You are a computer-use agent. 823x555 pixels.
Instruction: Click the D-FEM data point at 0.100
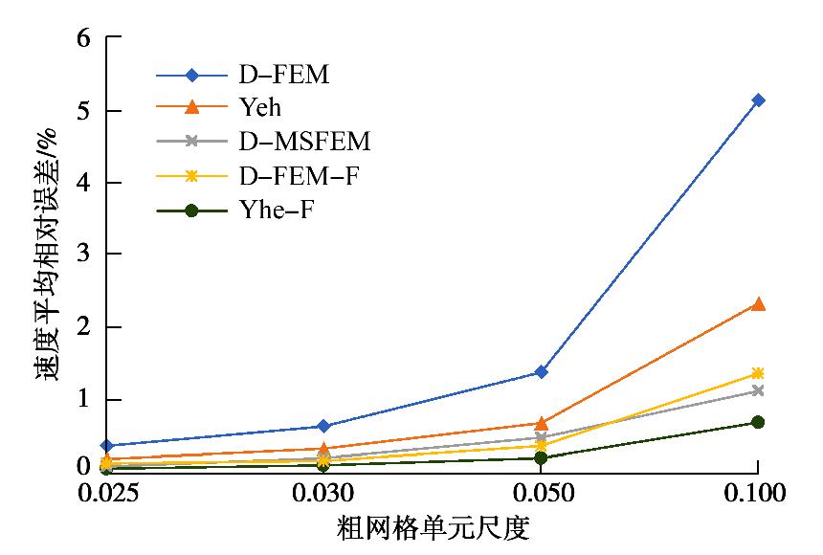click(758, 100)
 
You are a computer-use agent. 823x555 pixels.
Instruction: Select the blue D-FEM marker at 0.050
click(541, 371)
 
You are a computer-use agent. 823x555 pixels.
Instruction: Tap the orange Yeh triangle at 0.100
click(758, 304)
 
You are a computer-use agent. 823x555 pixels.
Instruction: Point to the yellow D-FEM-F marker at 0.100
click(758, 373)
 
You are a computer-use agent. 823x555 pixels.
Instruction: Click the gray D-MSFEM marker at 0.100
click(758, 390)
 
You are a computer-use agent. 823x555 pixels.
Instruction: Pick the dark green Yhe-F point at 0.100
click(758, 422)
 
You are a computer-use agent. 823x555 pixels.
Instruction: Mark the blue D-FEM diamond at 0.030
click(323, 426)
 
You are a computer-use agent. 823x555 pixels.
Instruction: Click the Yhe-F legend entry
click(273, 211)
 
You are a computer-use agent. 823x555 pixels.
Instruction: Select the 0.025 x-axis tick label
click(107, 494)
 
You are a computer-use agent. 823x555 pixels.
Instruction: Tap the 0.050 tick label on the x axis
click(541, 494)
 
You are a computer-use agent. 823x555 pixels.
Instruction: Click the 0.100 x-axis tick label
click(756, 494)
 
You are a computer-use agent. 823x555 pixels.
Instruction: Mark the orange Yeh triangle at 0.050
click(541, 423)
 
